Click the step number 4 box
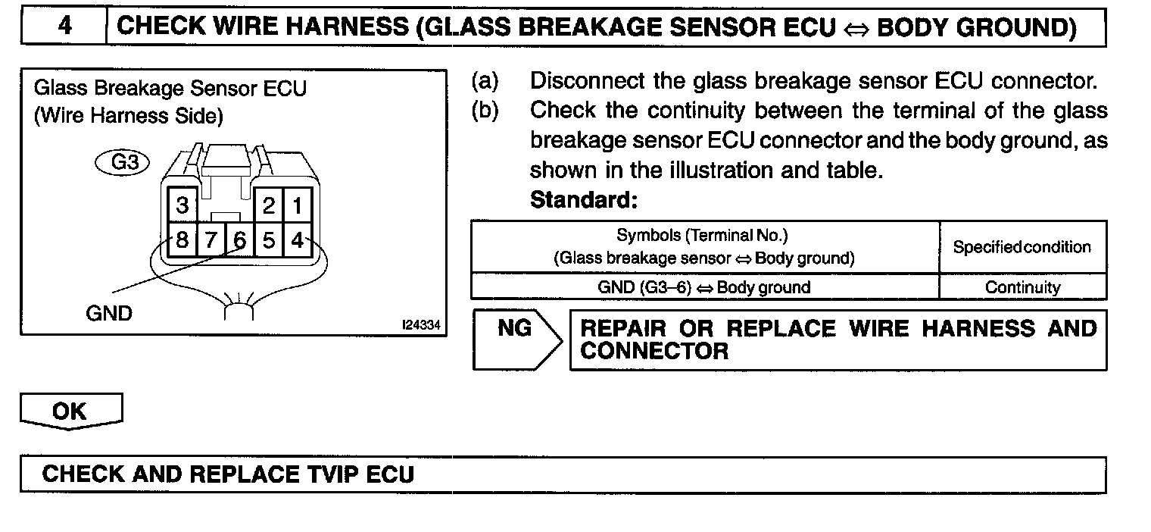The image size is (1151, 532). (64, 27)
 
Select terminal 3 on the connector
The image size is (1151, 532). (182, 205)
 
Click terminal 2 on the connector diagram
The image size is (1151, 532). (269, 205)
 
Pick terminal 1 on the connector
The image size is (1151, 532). (298, 205)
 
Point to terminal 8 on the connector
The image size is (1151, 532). (182, 241)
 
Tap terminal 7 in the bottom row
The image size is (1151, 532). (211, 241)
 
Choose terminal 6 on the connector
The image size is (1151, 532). (240, 241)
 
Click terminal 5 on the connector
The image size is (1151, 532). (269, 241)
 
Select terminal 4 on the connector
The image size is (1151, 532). (298, 241)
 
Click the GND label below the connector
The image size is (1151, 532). (109, 313)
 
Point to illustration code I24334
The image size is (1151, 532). (422, 325)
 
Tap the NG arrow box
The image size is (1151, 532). (516, 339)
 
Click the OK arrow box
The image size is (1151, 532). (70, 412)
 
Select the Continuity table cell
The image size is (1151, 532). (1022, 287)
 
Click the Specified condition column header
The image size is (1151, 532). (1022, 247)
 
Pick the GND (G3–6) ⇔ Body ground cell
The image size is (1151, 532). (704, 287)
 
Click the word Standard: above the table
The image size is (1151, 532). (584, 201)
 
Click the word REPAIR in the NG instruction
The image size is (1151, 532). (623, 329)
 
